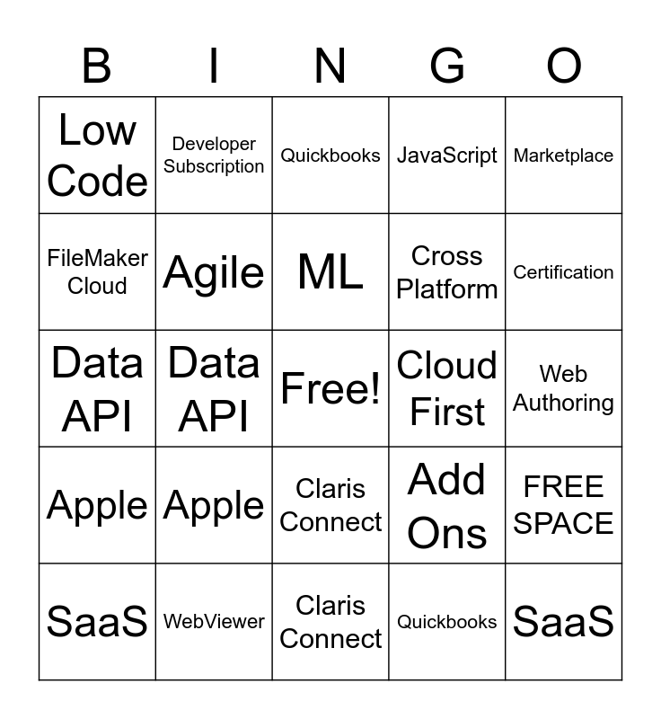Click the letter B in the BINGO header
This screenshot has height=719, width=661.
97,67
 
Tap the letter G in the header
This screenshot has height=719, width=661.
447,67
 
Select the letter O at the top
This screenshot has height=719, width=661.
564,67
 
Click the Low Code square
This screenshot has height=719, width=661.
97,155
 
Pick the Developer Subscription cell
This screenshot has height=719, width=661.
214,155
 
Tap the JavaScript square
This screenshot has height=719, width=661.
447,155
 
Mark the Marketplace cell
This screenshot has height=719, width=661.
564,155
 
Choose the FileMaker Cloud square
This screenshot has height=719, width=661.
97,271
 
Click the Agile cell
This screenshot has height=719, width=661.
214,271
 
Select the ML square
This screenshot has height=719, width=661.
330,271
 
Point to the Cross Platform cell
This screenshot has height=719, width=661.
447,271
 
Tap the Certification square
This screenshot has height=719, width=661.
564,271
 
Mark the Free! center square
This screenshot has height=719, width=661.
330,388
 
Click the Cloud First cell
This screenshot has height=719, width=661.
447,388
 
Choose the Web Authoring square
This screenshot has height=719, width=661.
564,388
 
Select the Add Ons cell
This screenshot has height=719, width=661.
447,505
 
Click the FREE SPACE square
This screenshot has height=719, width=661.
564,505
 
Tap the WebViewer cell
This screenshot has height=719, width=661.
214,621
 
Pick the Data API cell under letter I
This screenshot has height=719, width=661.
214,388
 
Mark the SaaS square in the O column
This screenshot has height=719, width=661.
564,621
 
